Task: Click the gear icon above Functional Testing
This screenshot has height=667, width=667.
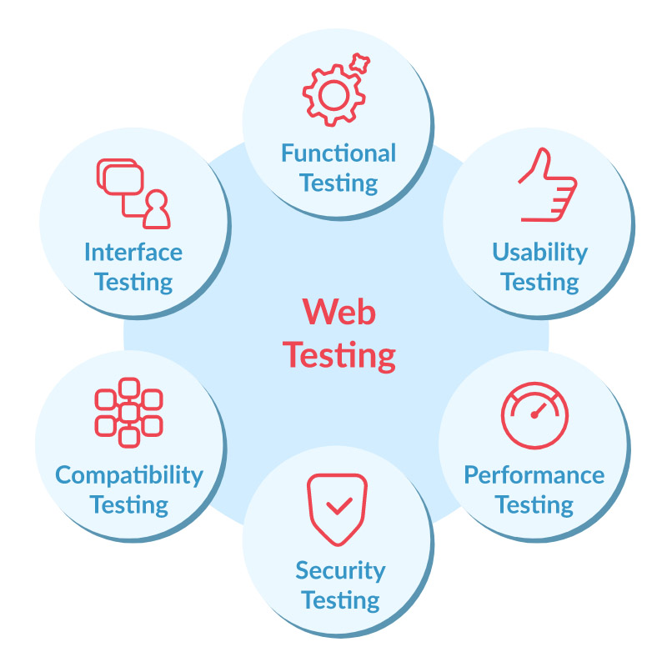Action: point(333,95)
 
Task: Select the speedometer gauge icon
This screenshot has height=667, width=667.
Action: point(534,415)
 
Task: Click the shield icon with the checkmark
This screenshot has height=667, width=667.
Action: point(339,508)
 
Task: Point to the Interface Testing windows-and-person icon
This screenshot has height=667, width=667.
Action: point(133,193)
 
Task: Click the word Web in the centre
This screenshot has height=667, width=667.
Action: point(339,313)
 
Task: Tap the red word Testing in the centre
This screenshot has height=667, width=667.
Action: point(339,355)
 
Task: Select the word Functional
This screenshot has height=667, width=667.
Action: point(339,153)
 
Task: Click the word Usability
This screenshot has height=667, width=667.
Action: point(539,253)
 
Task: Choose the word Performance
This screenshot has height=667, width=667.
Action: point(534,475)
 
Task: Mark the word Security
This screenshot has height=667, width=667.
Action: point(340,571)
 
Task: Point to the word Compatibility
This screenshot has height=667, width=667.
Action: point(129,476)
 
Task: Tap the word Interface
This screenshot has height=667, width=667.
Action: point(133,252)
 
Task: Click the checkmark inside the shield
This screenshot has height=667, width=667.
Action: point(339,505)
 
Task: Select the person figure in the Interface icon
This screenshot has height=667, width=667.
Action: point(156,210)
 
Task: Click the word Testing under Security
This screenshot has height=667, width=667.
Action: point(340,600)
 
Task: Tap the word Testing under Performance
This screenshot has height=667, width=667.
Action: point(534,505)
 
